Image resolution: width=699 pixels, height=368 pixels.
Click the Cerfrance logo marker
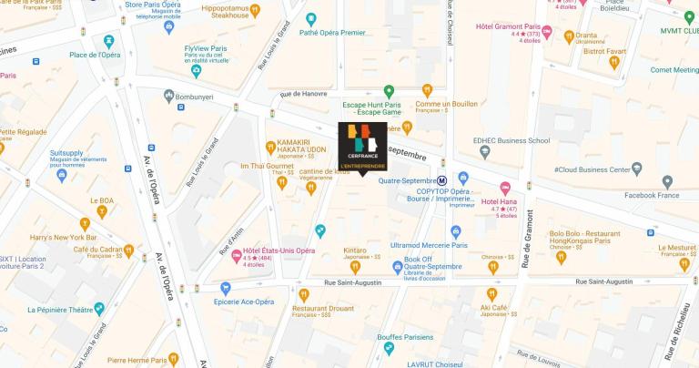362,147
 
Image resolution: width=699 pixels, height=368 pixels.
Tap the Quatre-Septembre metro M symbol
441,180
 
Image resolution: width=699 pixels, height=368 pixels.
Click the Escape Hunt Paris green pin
389,91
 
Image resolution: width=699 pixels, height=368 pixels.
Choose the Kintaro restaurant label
355,250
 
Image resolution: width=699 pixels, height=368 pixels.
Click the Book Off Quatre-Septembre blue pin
397,267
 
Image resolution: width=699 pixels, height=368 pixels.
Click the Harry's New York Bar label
86,237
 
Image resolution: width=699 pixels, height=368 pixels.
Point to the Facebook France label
651,195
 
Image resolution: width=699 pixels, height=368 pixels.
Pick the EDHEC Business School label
511,140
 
